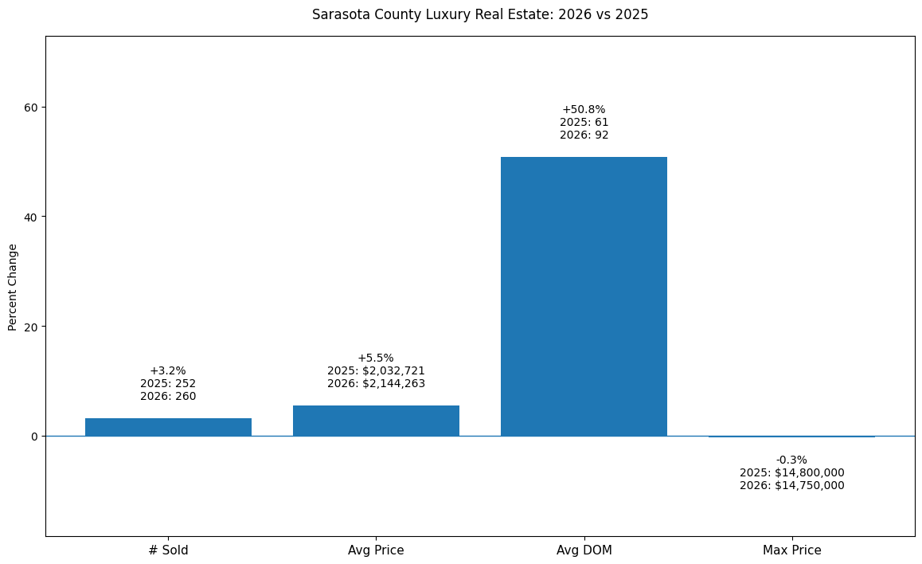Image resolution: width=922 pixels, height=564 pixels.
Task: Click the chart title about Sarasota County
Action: point(480,14)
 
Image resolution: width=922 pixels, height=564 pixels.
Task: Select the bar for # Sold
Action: point(168,427)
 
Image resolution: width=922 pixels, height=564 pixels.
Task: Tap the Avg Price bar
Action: point(376,421)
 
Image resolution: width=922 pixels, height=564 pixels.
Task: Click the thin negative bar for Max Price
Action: point(791,437)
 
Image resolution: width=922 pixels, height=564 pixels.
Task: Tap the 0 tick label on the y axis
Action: point(33,436)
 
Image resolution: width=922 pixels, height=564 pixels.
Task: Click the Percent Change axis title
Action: point(13,287)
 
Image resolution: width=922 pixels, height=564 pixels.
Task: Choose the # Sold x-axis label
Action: point(168,550)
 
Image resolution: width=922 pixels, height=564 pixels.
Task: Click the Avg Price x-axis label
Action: point(376,550)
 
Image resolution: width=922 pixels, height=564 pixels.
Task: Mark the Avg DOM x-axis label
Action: point(584,550)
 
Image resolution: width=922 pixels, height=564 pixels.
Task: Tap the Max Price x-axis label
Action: point(791,550)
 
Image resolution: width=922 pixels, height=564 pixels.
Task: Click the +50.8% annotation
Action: point(584,109)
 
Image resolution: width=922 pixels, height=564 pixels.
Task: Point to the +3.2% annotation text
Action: point(168,370)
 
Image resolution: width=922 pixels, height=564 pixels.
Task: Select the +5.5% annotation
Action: point(376,358)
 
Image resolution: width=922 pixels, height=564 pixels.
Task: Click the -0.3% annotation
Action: point(791,460)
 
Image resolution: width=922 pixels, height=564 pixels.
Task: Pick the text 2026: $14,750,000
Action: point(791,485)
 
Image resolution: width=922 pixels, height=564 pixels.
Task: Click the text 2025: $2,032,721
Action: point(376,370)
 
